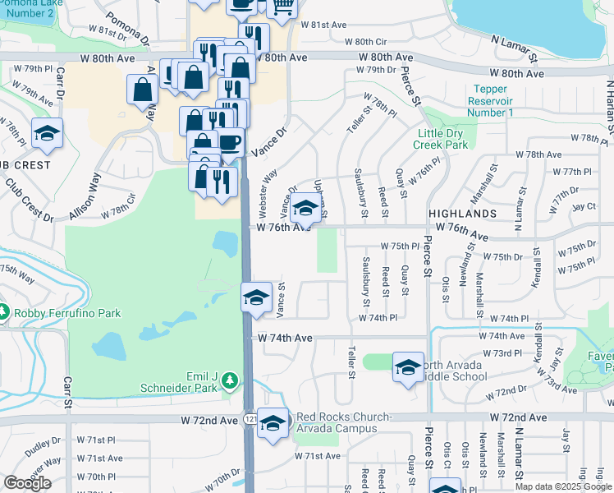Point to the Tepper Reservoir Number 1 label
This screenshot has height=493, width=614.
(490, 100)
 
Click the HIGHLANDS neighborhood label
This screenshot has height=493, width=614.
(462, 213)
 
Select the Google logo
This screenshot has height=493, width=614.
(27, 483)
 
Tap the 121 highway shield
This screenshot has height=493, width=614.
(248, 420)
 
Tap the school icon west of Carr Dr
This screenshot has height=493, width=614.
(47, 133)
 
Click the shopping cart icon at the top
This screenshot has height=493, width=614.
(282, 7)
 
